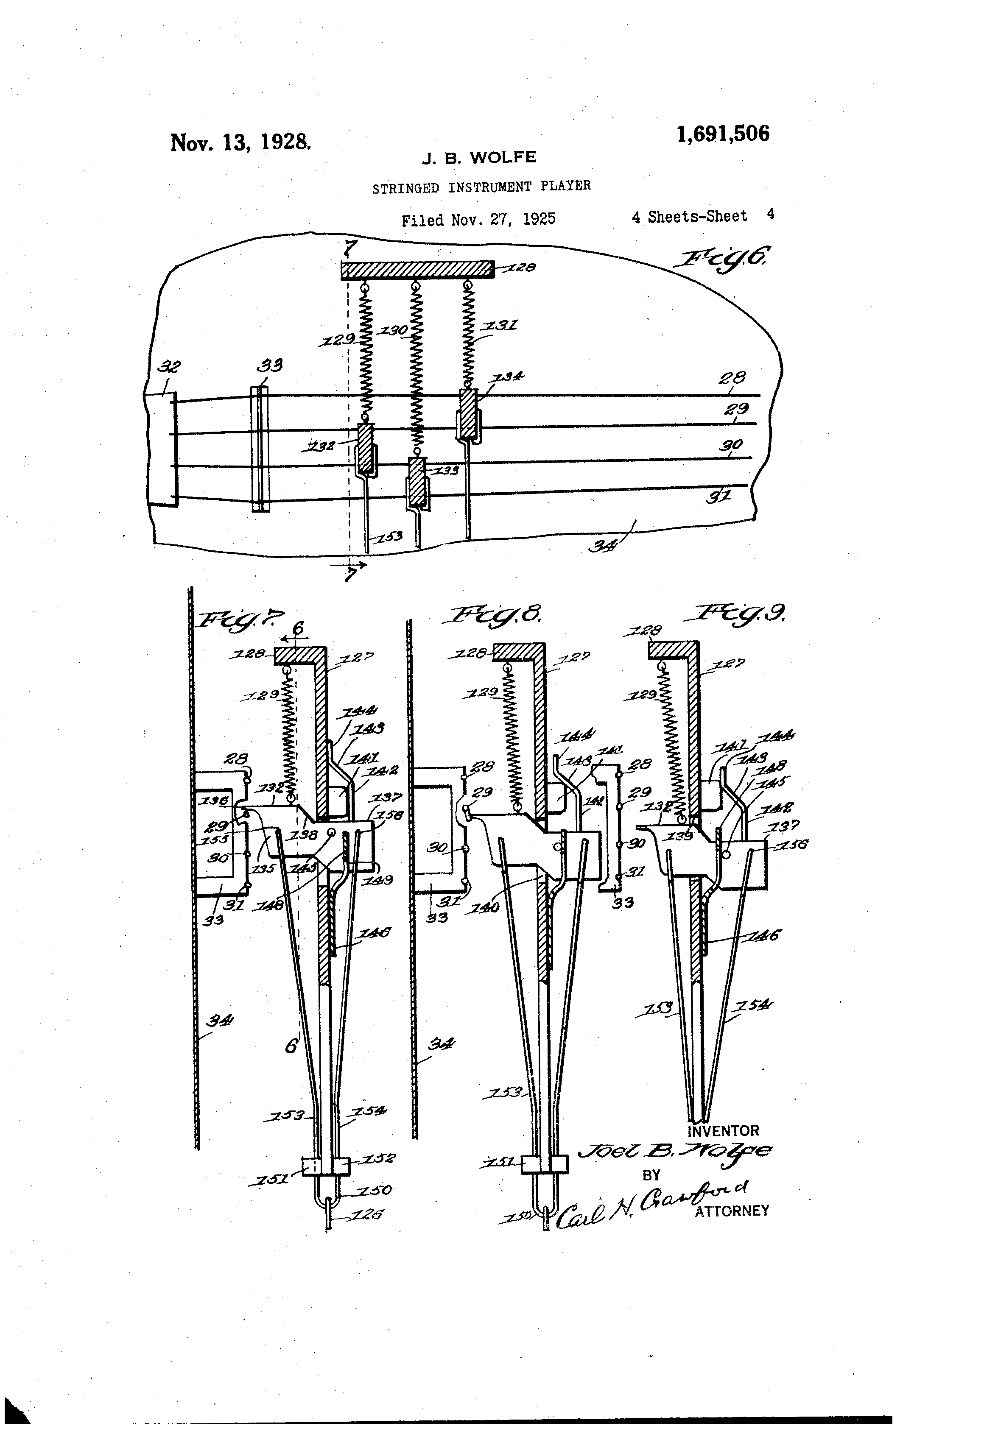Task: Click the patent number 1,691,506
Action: click(723, 134)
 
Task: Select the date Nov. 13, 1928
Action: click(240, 142)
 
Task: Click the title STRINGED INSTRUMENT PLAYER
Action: click(481, 187)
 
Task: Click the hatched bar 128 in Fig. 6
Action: click(417, 269)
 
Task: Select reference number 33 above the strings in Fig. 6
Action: click(269, 365)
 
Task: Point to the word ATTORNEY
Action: click(732, 1211)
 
